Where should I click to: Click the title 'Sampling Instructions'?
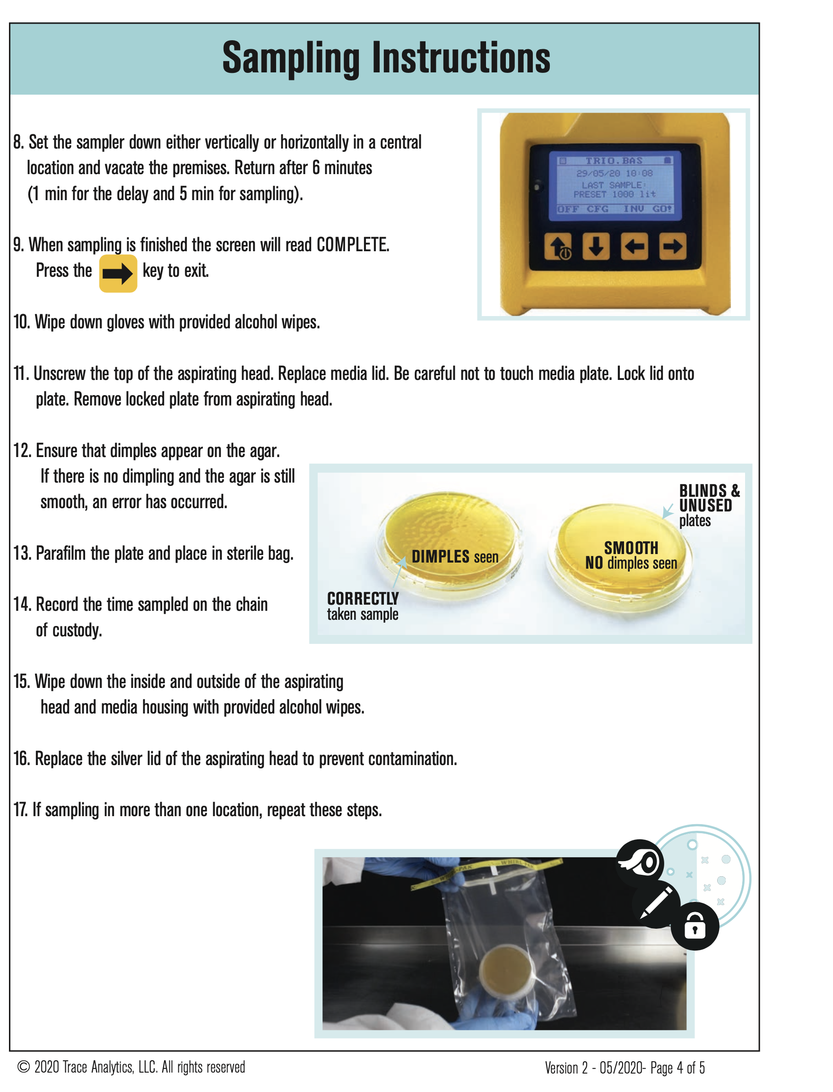(386, 59)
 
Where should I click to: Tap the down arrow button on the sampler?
(596, 246)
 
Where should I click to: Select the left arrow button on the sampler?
(634, 246)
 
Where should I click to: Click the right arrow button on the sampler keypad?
(673, 246)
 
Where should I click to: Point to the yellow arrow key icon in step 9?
(118, 273)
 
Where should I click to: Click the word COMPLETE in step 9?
(353, 245)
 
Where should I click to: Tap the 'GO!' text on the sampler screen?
(662, 209)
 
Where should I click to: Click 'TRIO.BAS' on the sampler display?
(614, 161)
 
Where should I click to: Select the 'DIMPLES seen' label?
(455, 557)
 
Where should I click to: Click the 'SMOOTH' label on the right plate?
(631, 548)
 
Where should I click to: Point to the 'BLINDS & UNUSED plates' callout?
(709, 505)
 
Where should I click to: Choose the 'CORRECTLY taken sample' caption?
(363, 606)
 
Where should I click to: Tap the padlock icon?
(694, 926)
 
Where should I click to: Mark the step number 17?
(20, 810)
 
